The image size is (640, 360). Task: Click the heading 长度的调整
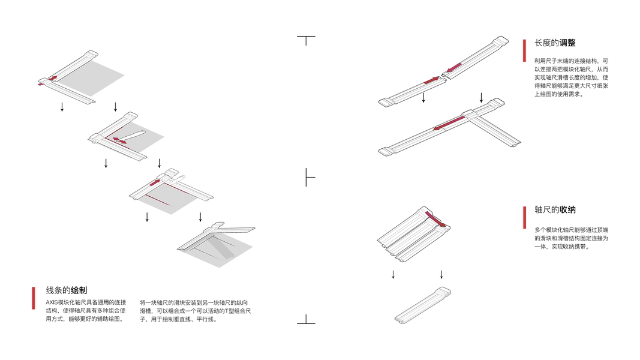click(x=555, y=43)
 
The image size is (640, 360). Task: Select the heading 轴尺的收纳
click(x=555, y=210)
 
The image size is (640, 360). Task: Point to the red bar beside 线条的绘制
click(x=34, y=298)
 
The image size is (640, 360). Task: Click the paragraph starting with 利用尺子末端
click(x=572, y=77)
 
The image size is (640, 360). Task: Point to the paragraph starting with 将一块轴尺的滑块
click(x=195, y=310)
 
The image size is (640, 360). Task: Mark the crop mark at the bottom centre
click(x=306, y=320)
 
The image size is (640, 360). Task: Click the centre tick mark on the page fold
click(x=308, y=177)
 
